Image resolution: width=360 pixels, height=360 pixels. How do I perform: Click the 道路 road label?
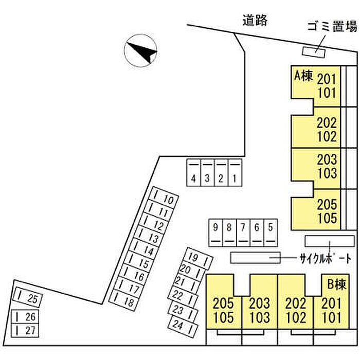255,20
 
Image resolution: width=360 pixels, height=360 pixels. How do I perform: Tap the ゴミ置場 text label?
332,26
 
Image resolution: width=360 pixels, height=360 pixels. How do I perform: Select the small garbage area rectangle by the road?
314,52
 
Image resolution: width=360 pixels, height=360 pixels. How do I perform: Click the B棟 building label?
336,284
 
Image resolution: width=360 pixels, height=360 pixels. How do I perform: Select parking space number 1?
235,173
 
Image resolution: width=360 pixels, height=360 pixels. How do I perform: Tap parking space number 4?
193,173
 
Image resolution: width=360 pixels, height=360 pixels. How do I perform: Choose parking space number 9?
215,233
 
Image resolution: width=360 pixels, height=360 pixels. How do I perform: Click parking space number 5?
271,233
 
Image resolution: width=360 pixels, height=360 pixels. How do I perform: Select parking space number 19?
199,258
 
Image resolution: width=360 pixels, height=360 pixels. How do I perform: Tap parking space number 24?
183,327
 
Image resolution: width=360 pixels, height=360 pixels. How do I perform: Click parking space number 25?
28,297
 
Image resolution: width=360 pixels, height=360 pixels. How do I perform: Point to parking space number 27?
25,330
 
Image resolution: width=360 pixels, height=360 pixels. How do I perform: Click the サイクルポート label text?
326,259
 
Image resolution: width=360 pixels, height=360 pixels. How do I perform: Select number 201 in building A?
327,79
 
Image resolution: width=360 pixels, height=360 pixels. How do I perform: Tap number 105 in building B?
223,317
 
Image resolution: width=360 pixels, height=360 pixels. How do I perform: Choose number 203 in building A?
327,159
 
